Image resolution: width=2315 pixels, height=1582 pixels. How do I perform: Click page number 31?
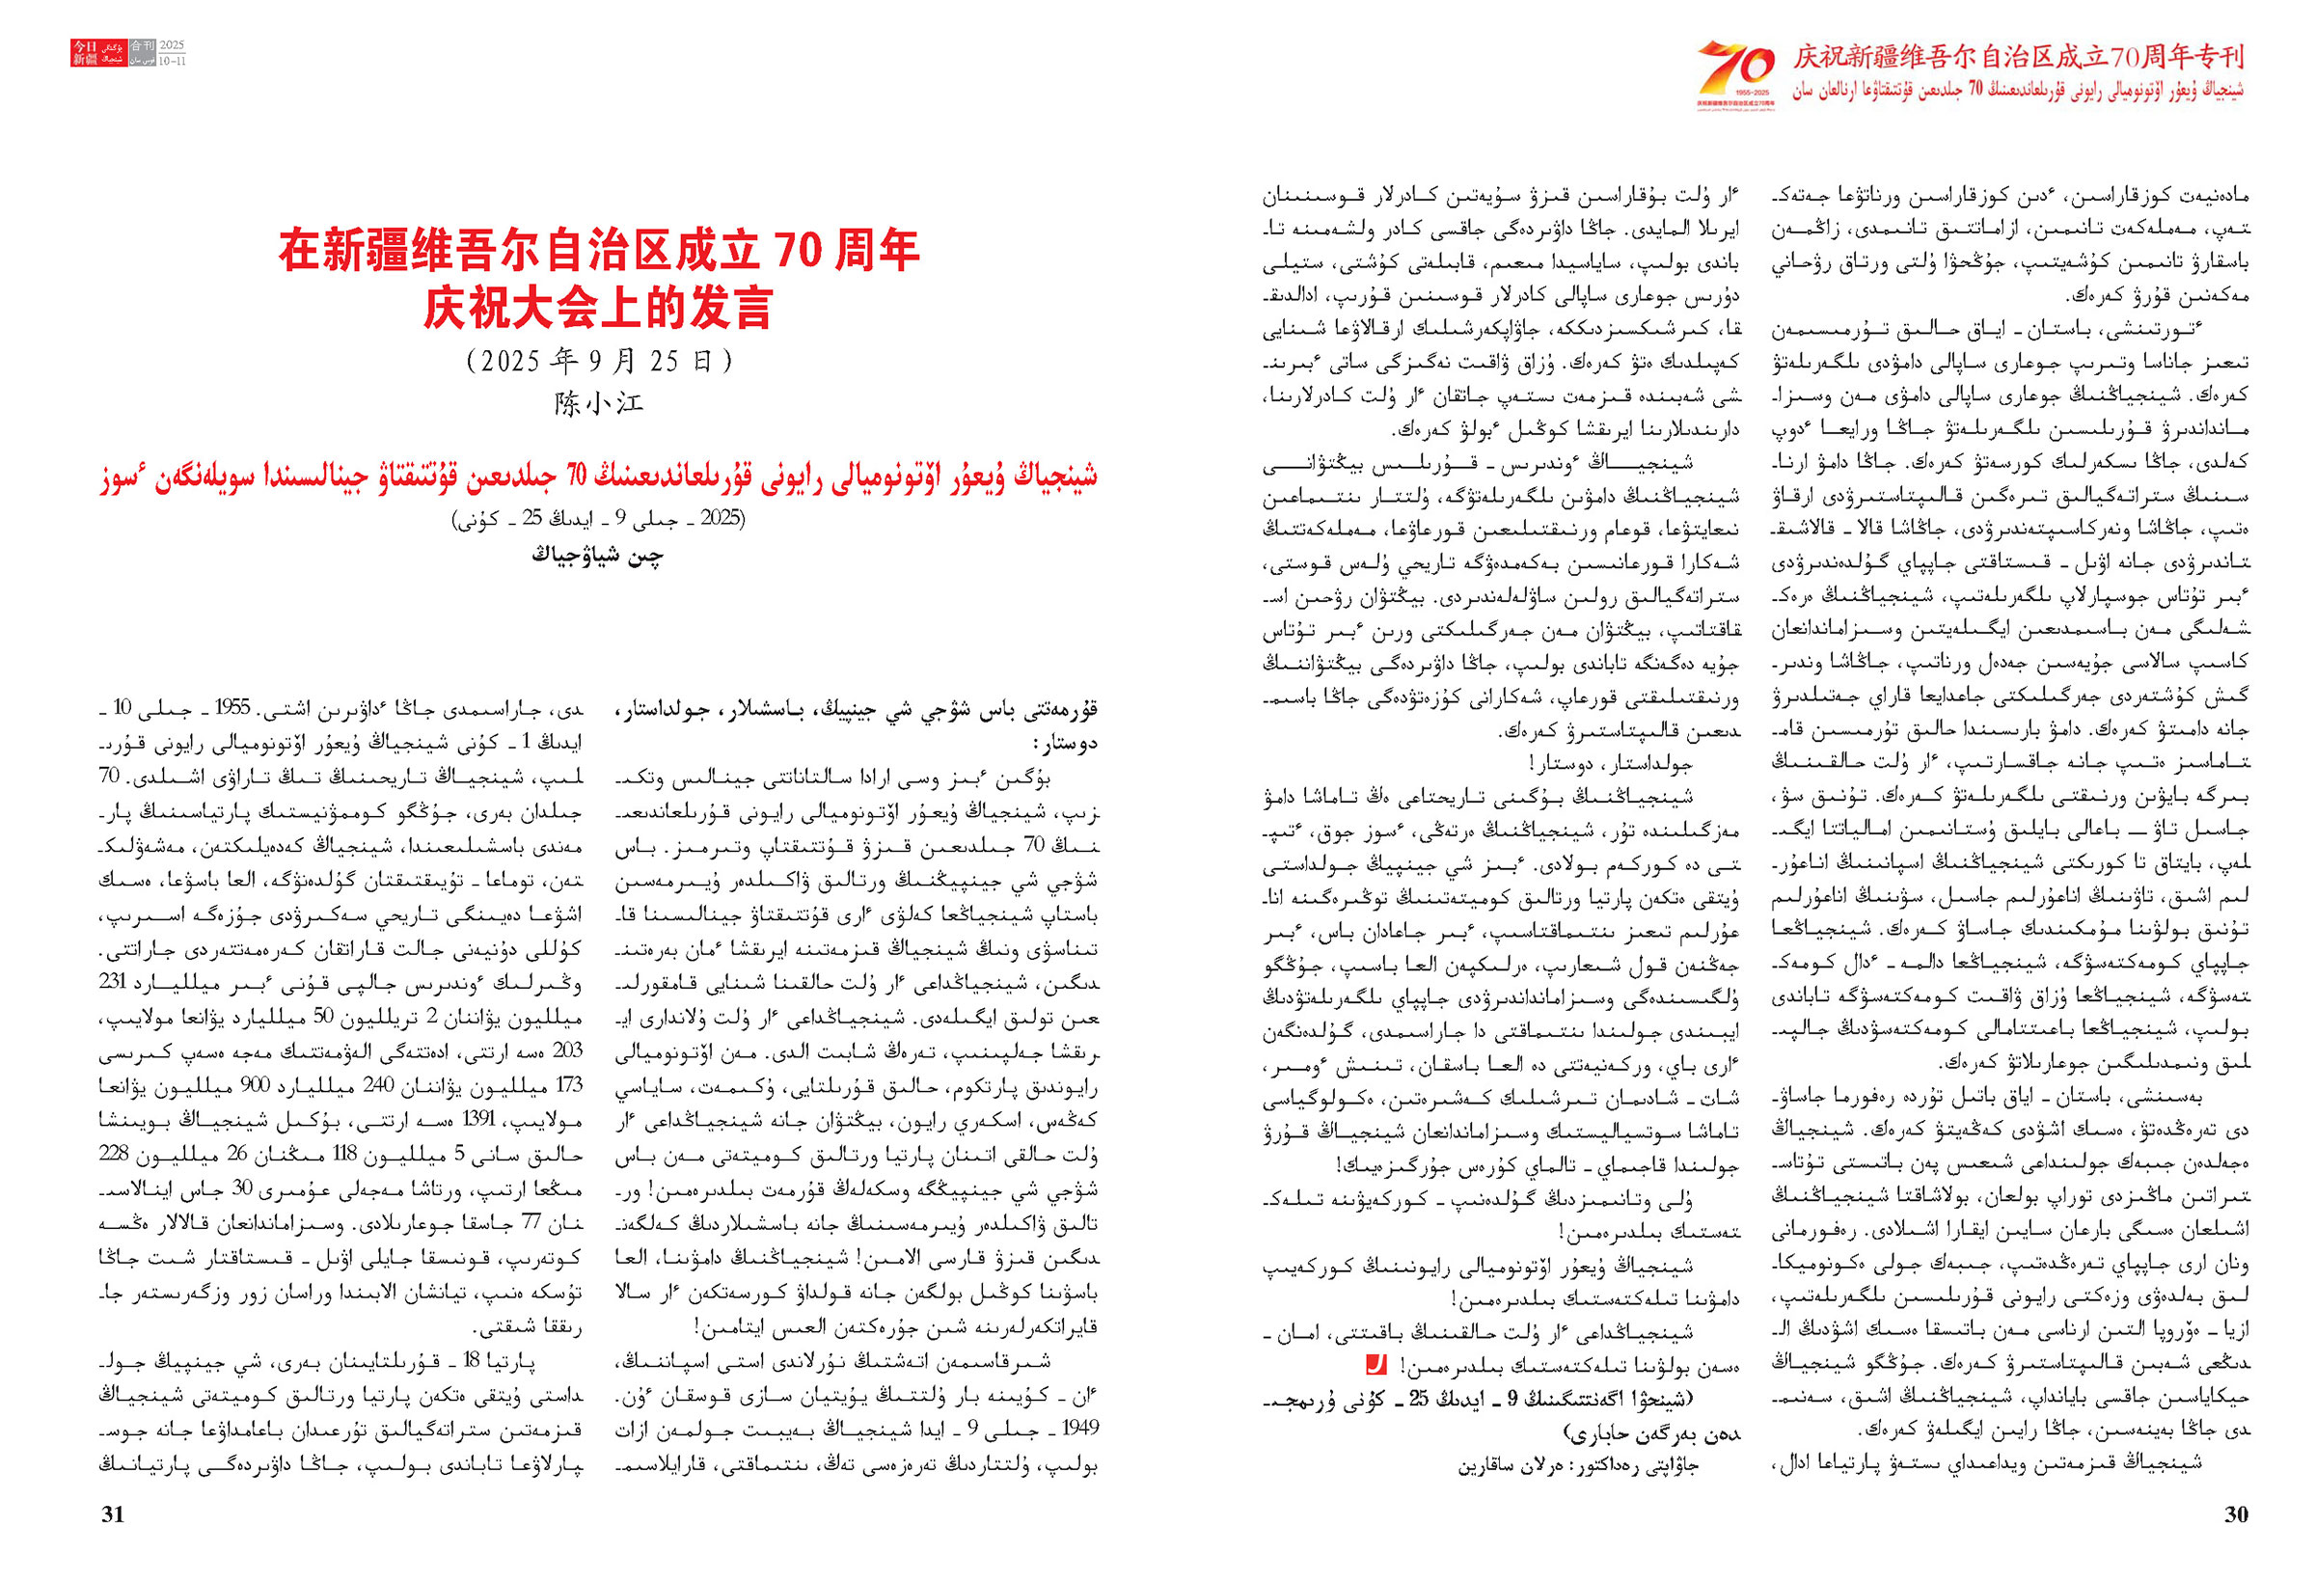pyautogui.click(x=113, y=1514)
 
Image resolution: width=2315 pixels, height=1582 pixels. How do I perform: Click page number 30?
pyautogui.click(x=2235, y=1514)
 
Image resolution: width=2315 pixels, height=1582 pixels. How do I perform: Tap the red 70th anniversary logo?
pyautogui.click(x=1735, y=72)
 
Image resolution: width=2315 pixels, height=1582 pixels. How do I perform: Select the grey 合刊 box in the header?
pyautogui.click(x=143, y=46)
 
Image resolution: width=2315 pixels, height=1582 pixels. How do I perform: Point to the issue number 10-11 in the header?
pyautogui.click(x=172, y=61)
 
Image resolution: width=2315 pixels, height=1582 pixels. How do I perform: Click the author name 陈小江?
pyautogui.click(x=599, y=403)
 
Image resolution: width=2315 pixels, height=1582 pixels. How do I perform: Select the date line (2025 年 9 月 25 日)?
pyautogui.click(x=599, y=361)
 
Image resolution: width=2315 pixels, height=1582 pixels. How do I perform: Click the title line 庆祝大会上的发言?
pyautogui.click(x=599, y=308)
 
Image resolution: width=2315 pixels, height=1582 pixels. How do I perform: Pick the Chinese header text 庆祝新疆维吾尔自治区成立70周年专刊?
pyautogui.click(x=2018, y=57)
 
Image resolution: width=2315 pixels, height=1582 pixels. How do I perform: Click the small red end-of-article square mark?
pyautogui.click(x=1375, y=1366)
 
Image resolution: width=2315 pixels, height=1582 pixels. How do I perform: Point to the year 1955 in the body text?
pyautogui.click(x=233, y=708)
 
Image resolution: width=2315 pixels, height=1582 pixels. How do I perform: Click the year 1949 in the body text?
pyautogui.click(x=1079, y=1428)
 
